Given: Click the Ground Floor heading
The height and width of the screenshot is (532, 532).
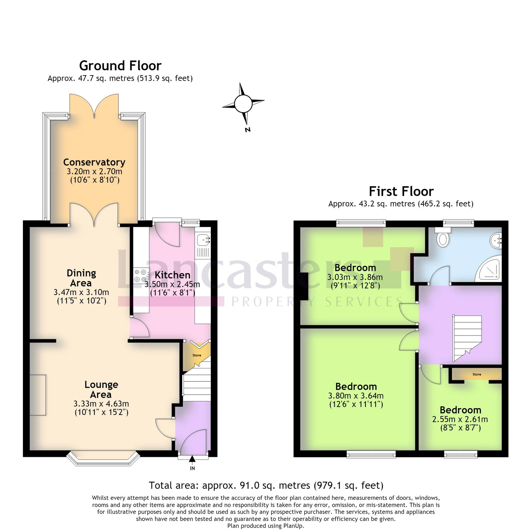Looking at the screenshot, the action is click(x=120, y=66).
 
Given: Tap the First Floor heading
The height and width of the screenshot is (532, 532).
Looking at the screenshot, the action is click(x=401, y=192).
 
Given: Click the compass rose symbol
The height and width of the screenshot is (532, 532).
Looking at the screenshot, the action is click(x=243, y=104).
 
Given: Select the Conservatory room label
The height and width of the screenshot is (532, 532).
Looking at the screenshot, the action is click(x=94, y=162).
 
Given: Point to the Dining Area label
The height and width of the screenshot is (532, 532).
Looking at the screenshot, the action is click(x=81, y=278).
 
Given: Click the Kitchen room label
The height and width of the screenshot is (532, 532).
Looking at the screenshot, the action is click(x=173, y=275).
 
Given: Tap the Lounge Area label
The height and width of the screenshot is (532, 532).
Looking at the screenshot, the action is click(x=101, y=389).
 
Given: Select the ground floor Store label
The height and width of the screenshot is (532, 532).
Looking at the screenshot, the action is click(x=197, y=355).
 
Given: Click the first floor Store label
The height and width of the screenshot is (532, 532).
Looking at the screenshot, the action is click(x=477, y=374).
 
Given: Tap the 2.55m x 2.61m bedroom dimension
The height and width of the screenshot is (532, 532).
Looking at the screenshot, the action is click(x=460, y=419).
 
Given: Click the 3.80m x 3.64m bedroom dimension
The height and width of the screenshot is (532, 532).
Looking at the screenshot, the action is click(x=356, y=396).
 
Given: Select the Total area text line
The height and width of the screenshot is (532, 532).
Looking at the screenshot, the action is click(x=266, y=486).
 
